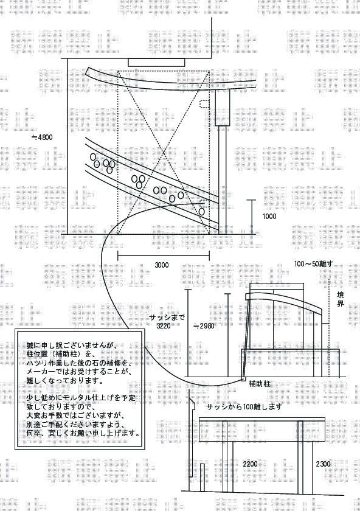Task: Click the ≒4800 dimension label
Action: [x=42, y=137]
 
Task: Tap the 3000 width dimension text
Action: [x=162, y=265]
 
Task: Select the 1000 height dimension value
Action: [x=269, y=217]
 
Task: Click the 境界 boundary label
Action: [x=340, y=299]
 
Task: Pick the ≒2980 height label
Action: [x=204, y=325]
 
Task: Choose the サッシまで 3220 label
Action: [x=167, y=321]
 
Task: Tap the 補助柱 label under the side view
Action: [x=260, y=384]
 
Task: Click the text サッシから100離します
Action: [x=244, y=407]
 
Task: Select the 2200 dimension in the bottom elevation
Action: [x=250, y=464]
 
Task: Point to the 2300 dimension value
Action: [x=323, y=464]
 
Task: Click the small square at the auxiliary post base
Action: [x=243, y=378]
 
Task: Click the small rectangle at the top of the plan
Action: [x=156, y=63]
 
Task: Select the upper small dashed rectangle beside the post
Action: [x=204, y=103]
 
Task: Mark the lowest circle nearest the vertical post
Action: [x=202, y=212]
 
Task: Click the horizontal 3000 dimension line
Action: [x=163, y=255]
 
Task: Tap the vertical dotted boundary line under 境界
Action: [x=329, y=326]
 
